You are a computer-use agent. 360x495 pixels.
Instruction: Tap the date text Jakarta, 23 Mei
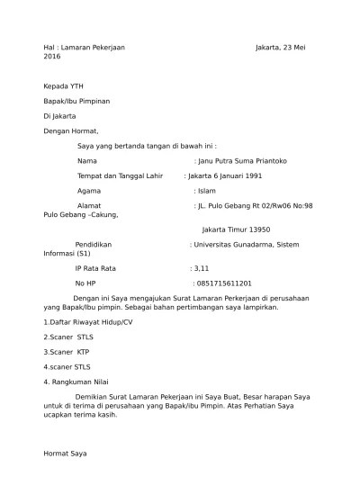(x=280, y=45)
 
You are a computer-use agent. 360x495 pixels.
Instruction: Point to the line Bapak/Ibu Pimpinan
(x=76, y=101)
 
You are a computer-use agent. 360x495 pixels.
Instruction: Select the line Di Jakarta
(x=59, y=116)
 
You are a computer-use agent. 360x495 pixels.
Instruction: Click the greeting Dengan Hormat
(x=71, y=131)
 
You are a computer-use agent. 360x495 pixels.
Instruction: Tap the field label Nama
(x=87, y=160)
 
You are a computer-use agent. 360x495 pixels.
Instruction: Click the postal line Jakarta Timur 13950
(x=236, y=229)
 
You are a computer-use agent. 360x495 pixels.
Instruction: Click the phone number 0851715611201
(x=222, y=283)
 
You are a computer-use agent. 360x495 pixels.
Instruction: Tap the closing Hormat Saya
(x=66, y=454)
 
